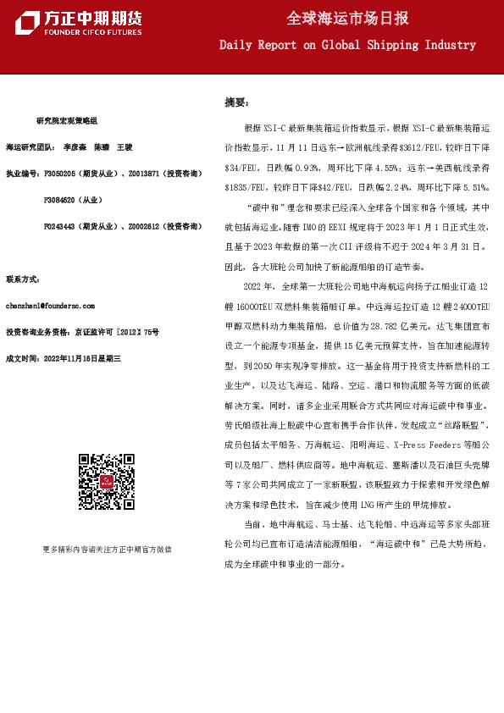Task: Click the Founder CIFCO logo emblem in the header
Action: pos(26,24)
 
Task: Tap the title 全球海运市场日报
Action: pos(347,19)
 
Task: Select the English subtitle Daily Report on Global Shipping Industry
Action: pos(347,45)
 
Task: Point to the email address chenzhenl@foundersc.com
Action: pos(50,305)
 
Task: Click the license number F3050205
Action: pos(59,174)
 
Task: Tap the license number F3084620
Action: pos(59,200)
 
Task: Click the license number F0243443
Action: pos(59,226)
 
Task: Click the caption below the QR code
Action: pos(107,550)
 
